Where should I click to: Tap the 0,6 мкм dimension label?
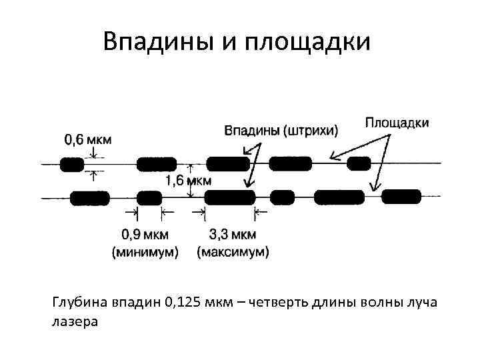click(x=88, y=139)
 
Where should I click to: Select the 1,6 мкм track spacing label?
click(x=189, y=180)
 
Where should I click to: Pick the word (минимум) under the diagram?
click(x=145, y=252)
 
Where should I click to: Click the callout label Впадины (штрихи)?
click(x=280, y=130)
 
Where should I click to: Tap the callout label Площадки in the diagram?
click(x=397, y=122)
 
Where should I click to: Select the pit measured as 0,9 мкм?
click(x=149, y=197)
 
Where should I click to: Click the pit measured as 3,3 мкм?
click(x=230, y=197)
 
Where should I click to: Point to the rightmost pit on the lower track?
click(x=401, y=196)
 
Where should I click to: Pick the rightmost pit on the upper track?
click(x=359, y=163)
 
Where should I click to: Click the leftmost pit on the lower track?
click(x=89, y=197)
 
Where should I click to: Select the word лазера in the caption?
click(x=73, y=322)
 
